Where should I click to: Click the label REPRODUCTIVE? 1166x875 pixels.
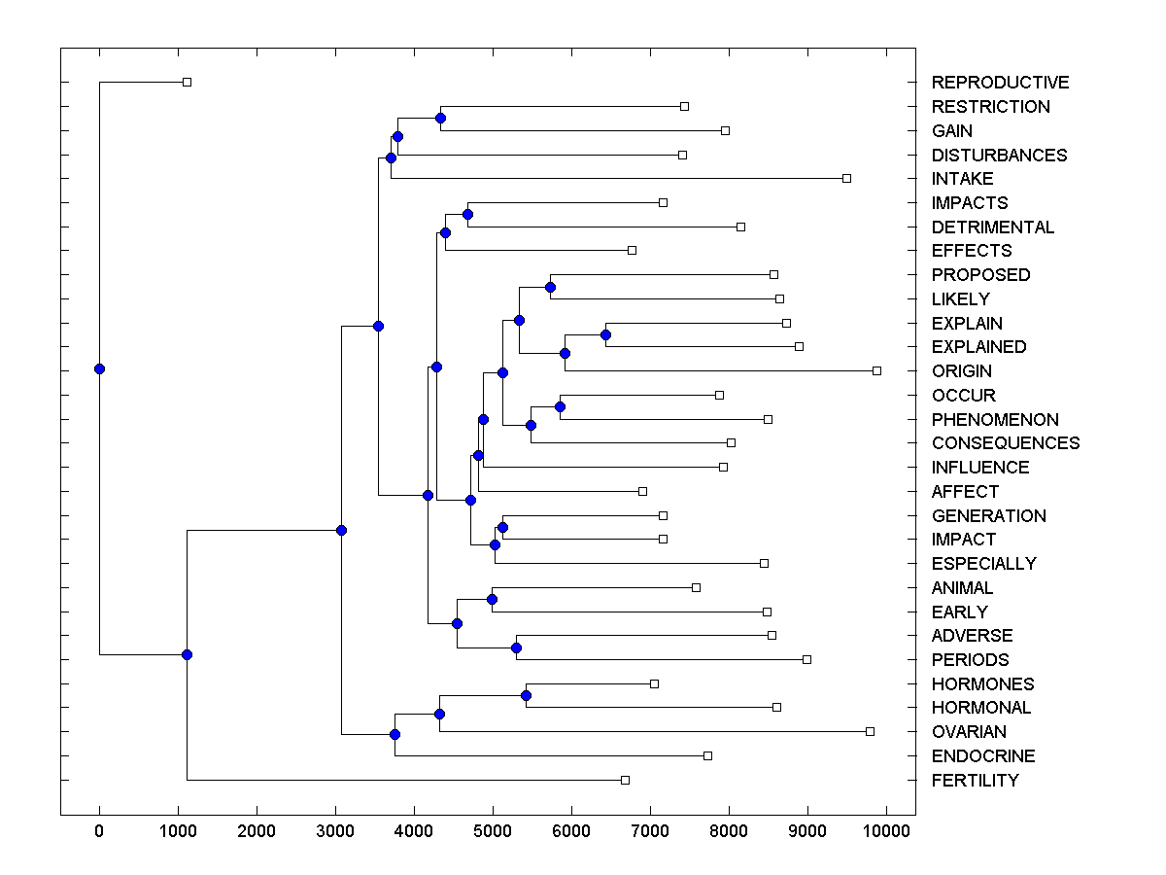(x=1000, y=83)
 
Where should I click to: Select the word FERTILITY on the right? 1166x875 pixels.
(x=975, y=781)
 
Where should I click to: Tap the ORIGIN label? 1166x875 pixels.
(x=961, y=371)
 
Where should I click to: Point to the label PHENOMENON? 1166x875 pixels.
(x=995, y=420)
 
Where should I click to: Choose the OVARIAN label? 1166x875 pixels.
(x=969, y=732)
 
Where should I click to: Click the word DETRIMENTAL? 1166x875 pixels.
(x=992, y=227)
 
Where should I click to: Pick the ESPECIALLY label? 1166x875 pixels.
(x=983, y=564)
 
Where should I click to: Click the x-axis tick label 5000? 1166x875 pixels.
(x=493, y=831)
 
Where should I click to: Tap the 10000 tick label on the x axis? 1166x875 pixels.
(x=886, y=831)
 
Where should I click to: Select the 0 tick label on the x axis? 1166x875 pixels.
(x=99, y=831)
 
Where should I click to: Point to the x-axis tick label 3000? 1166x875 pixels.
(x=335, y=831)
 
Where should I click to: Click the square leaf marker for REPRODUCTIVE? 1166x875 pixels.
(x=188, y=82)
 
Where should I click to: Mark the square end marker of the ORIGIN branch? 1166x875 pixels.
(x=876, y=370)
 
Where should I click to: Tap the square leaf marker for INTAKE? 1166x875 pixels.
(x=846, y=178)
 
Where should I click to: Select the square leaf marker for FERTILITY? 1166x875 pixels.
(x=625, y=780)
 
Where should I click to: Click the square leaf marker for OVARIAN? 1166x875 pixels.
(x=870, y=731)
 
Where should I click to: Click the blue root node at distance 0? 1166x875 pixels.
(x=99, y=368)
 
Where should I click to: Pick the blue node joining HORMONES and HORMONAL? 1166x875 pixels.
(x=526, y=695)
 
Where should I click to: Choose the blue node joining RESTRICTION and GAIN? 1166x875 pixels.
(x=440, y=118)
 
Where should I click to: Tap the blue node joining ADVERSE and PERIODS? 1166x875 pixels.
(x=516, y=647)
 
